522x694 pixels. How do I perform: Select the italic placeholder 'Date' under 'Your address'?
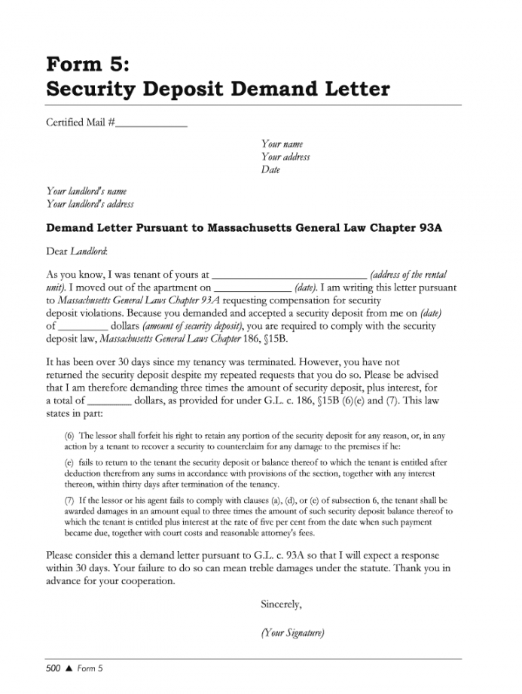(x=270, y=170)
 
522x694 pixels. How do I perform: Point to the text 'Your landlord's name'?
(x=87, y=191)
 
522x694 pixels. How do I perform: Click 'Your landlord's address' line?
(x=90, y=203)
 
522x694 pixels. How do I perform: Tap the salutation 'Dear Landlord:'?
(x=77, y=251)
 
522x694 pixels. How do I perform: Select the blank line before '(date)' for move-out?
(x=253, y=288)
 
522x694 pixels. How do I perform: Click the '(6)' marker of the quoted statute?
(x=69, y=436)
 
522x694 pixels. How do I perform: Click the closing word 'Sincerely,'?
(x=281, y=604)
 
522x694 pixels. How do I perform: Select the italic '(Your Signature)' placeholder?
(x=292, y=633)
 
